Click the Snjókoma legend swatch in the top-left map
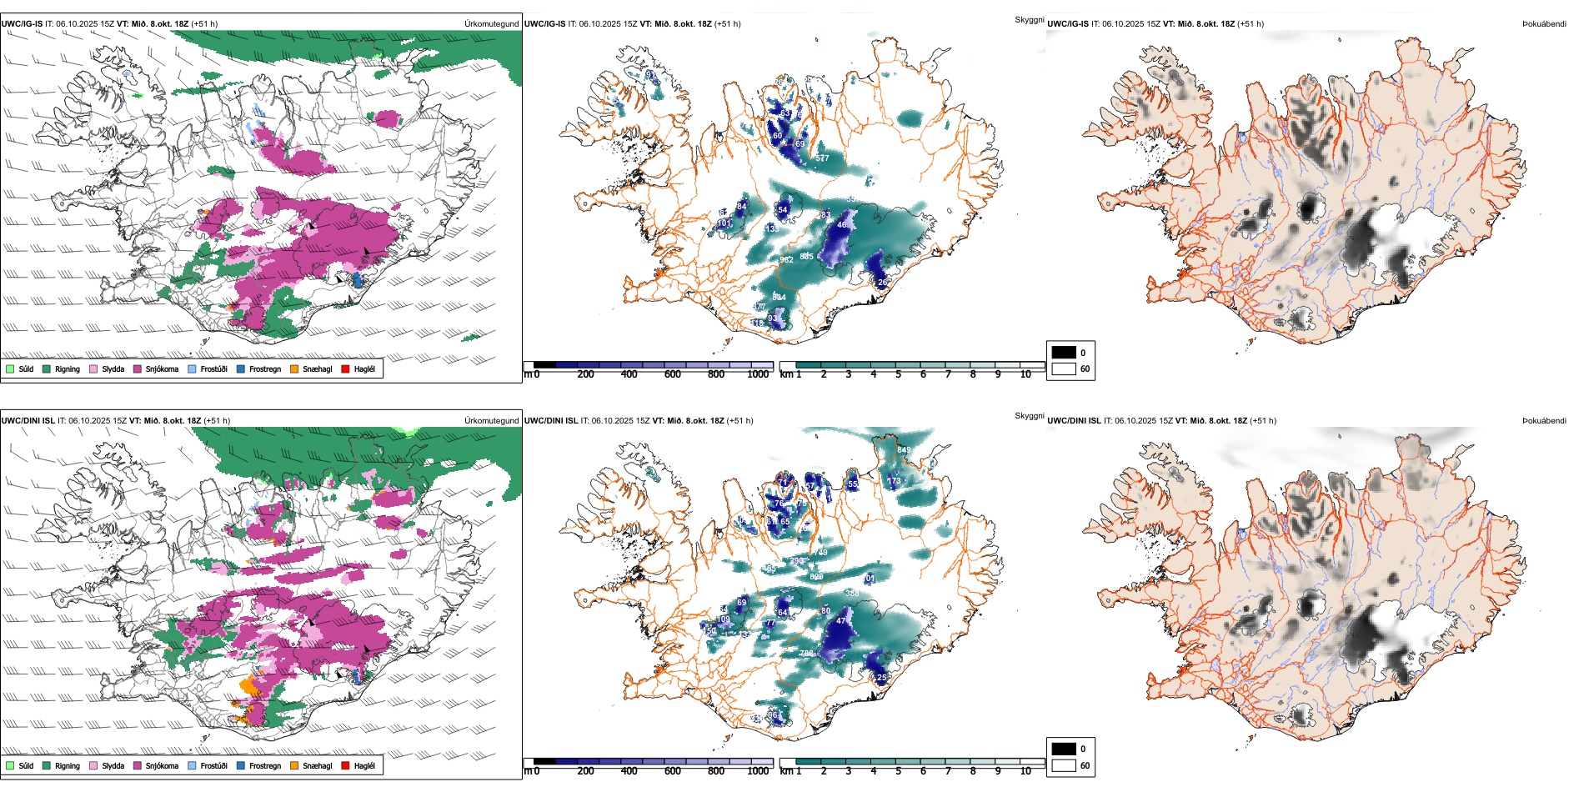pos(138,368)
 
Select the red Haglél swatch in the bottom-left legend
pos(345,765)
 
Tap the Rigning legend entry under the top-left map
pos(47,368)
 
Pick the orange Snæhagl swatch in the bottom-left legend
pos(294,765)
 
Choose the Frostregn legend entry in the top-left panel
pos(241,368)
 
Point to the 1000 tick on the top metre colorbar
pos(758,374)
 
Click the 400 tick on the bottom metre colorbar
pos(629,771)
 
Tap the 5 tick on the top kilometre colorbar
pos(898,374)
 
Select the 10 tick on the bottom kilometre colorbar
pos(1025,771)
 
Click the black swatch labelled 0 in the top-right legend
pos(1064,353)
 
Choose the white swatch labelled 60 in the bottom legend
pos(1064,765)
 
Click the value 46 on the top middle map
pos(842,225)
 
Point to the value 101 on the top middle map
pos(724,223)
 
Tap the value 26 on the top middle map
pos(883,283)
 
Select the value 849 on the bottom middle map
pos(904,450)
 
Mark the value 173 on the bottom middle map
pos(894,480)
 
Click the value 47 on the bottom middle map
pos(841,621)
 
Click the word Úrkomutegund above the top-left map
pos(491,24)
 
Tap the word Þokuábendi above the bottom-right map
pos(1544,421)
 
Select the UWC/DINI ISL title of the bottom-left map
pos(28,421)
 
